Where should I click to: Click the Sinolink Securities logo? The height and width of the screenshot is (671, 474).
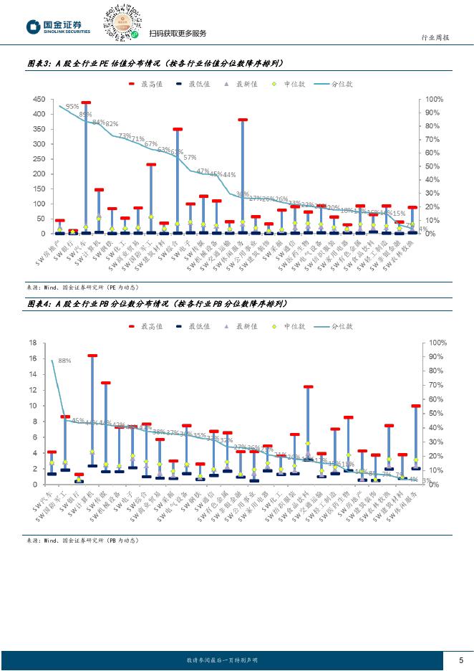click(59, 27)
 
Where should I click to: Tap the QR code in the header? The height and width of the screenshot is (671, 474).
click(121, 22)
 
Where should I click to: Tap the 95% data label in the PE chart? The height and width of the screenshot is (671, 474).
click(72, 106)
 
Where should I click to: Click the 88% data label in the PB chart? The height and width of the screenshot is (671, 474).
click(64, 361)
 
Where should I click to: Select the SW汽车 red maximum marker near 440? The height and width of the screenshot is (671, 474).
click(86, 103)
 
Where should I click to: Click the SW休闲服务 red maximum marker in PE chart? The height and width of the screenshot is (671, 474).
click(243, 120)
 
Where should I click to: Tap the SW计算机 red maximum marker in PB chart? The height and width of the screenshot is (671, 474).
click(92, 355)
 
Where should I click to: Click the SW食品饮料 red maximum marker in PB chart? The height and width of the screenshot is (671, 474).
click(308, 386)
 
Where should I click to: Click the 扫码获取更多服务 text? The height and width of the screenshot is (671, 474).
click(178, 34)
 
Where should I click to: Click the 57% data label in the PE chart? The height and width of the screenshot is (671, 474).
click(190, 157)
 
